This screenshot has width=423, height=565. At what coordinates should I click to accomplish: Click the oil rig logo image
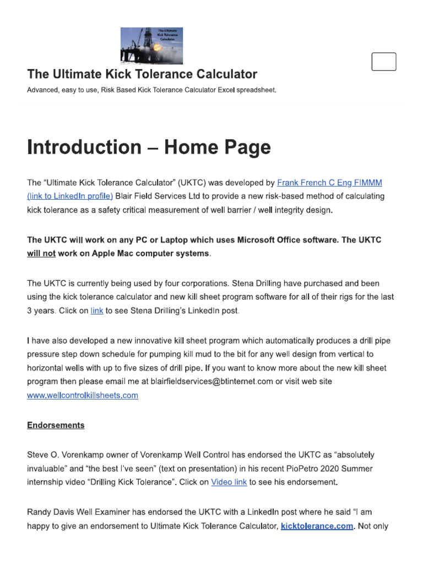point(151,46)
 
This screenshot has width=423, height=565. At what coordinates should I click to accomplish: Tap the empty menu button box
point(383,61)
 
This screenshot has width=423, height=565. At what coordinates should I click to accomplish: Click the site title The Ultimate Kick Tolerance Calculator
point(142,74)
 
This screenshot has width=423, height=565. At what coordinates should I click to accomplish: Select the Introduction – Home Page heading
point(149,147)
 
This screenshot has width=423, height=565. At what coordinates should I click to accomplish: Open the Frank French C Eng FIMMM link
point(329,183)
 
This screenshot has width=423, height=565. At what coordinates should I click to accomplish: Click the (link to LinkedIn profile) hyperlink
point(70,196)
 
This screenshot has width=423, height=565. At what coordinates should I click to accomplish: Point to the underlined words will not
point(41,253)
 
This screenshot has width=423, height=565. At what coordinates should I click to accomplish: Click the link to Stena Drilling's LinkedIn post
point(97,311)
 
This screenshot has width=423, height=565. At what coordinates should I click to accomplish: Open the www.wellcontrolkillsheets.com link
point(83,395)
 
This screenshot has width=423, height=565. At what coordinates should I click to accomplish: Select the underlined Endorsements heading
point(56,425)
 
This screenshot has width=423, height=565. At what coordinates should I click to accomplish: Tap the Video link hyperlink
point(229,482)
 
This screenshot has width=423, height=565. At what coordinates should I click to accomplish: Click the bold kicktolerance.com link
point(317,526)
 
